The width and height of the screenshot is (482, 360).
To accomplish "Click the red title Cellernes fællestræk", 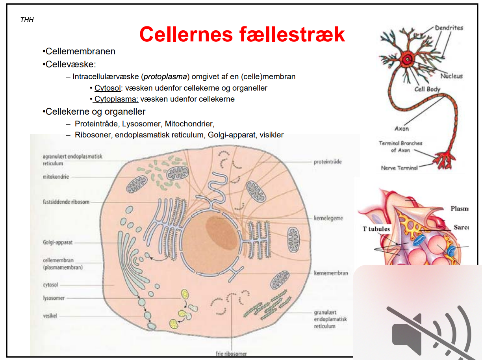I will (242, 34).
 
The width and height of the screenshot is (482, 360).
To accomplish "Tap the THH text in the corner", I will (27, 20).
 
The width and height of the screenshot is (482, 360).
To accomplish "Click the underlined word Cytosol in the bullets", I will (107, 88).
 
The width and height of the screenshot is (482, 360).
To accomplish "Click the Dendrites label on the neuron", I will (449, 28).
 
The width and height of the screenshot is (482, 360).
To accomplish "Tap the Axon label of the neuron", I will (402, 128).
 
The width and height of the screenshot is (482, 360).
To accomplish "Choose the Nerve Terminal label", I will (399, 168).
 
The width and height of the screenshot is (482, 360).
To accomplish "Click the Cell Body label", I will (427, 89).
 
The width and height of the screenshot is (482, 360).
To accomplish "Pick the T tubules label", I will (376, 229).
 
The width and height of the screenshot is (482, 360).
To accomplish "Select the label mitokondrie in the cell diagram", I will (56, 177).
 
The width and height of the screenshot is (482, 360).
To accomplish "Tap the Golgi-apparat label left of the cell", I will (57, 242).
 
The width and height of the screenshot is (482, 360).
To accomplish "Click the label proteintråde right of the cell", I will (328, 162).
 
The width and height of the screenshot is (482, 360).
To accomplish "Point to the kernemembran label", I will (331, 273).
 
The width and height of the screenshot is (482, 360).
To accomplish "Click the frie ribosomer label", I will (232, 353).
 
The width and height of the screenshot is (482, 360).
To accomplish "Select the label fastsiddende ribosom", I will (66, 202).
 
